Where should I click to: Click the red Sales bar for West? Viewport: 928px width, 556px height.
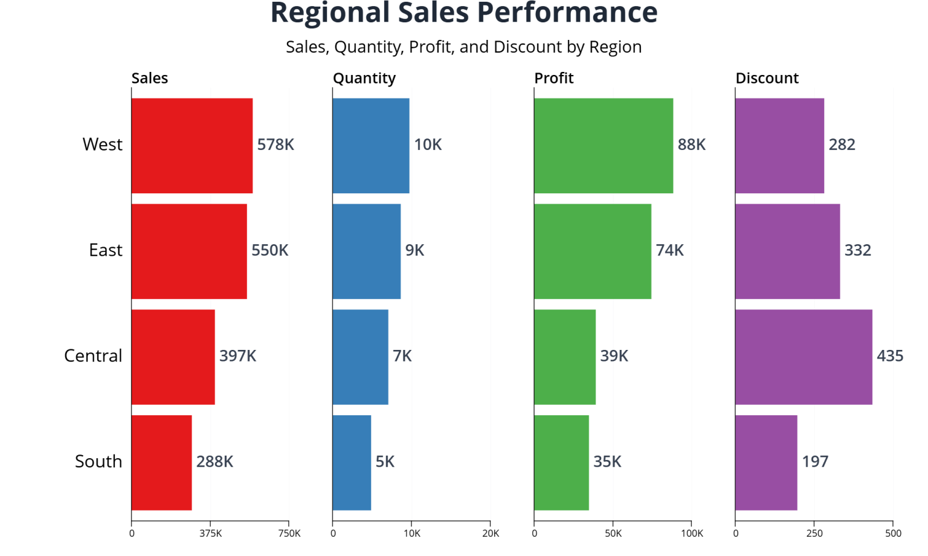pyautogui.click(x=192, y=146)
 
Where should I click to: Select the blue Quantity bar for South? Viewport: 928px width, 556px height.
pyautogui.click(x=352, y=462)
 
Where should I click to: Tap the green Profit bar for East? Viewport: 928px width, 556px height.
pyautogui.click(x=592, y=251)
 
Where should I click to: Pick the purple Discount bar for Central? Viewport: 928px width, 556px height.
pyautogui.click(x=803, y=357)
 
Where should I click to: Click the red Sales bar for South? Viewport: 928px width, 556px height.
pyautogui.click(x=161, y=462)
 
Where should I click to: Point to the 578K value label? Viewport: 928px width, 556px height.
pyautogui.click(x=275, y=145)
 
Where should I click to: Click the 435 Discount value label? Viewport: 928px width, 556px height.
pyautogui.click(x=889, y=356)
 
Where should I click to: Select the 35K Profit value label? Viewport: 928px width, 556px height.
pyautogui.click(x=607, y=462)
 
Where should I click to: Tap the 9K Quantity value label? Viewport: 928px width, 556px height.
pyautogui.click(x=414, y=250)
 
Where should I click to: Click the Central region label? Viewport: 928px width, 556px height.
pyautogui.click(x=93, y=356)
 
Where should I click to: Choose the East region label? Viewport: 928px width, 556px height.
pyautogui.click(x=105, y=250)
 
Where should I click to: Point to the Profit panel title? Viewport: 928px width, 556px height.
pyautogui.click(x=553, y=78)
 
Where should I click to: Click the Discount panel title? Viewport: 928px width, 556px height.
pyautogui.click(x=766, y=78)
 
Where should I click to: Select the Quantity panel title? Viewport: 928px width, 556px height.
pyautogui.click(x=364, y=78)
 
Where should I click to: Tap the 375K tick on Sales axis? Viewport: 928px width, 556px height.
pyautogui.click(x=210, y=533)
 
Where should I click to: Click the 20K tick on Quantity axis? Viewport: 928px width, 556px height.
pyautogui.click(x=490, y=533)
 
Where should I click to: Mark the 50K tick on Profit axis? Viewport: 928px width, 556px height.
pyautogui.click(x=613, y=533)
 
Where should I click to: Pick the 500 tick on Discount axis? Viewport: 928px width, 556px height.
pyautogui.click(x=892, y=533)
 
